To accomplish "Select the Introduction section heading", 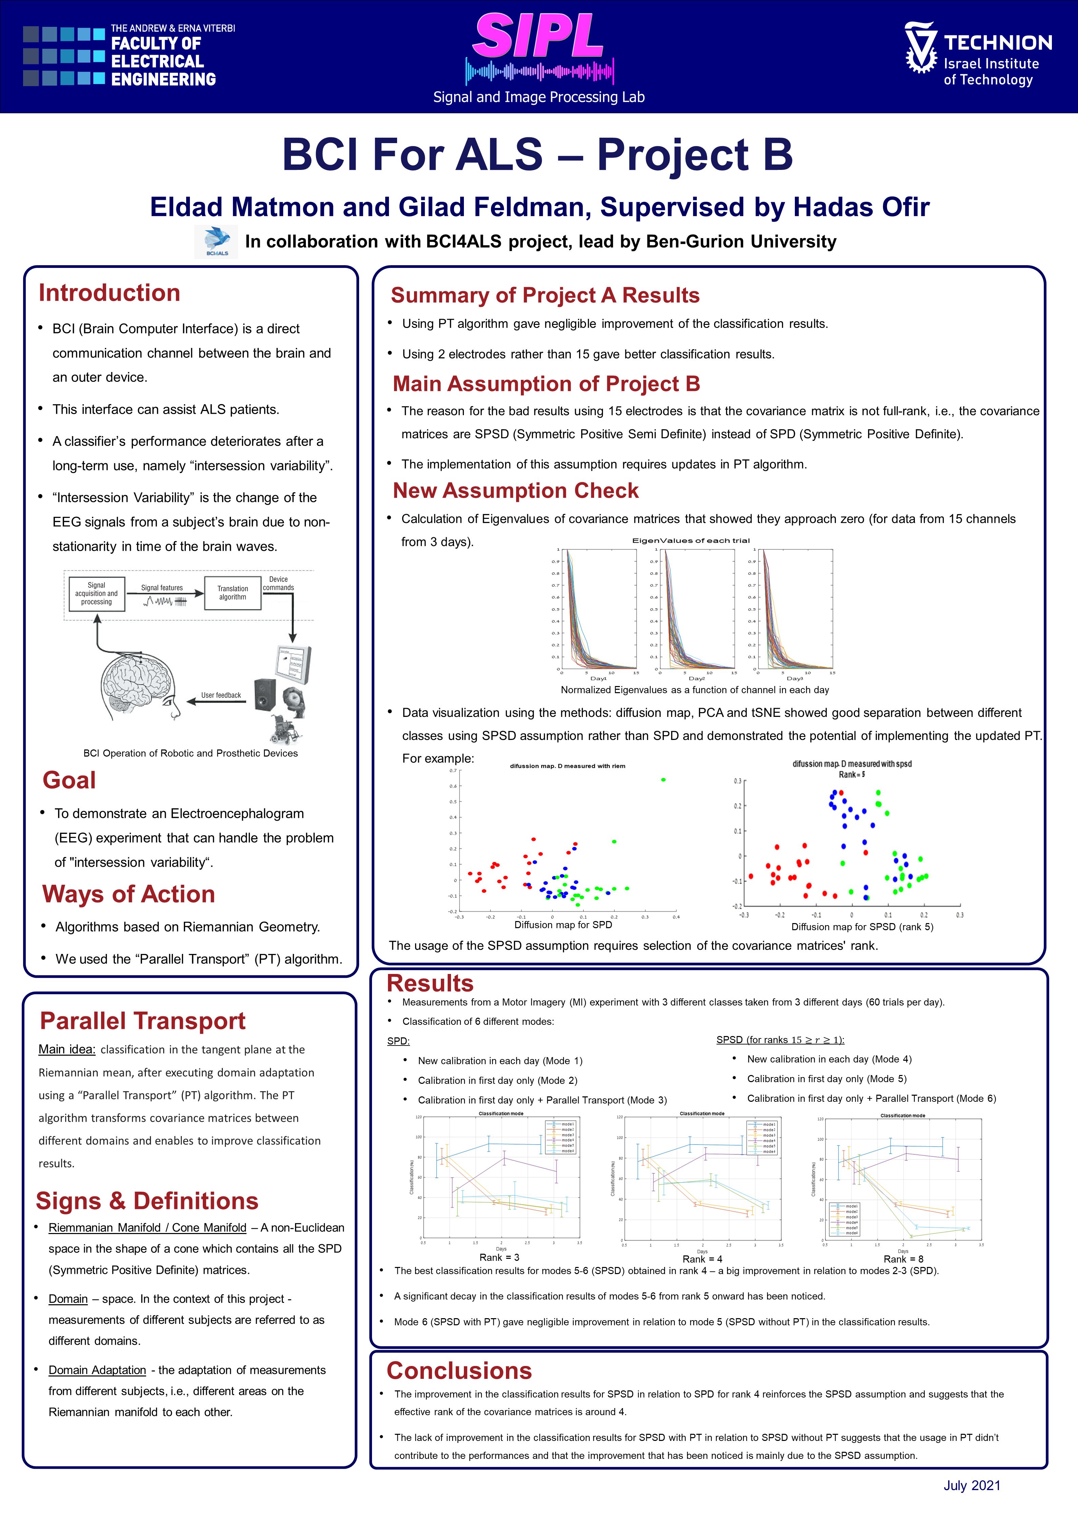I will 110,293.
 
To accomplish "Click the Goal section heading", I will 69,780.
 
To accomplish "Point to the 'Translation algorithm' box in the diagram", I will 232,593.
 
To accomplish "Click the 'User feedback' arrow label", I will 221,695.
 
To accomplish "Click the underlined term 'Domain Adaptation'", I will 97,1370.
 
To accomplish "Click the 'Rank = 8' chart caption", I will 903,1258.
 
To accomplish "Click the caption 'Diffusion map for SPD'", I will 563,925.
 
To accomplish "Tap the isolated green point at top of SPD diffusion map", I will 663,780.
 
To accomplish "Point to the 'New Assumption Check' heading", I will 516,490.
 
